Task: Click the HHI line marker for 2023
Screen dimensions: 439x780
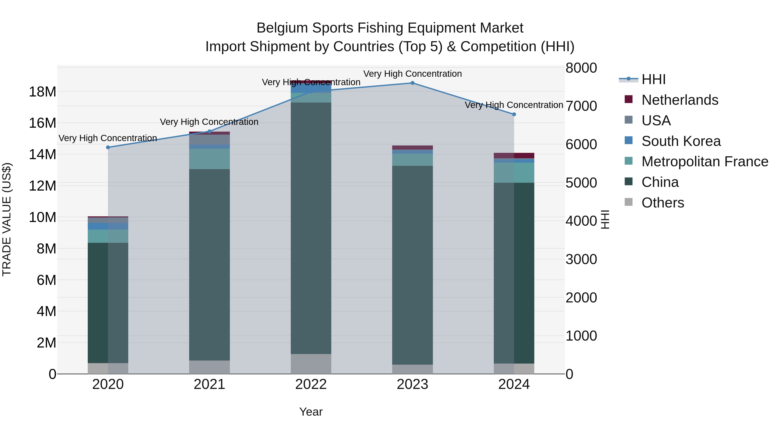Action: click(x=412, y=83)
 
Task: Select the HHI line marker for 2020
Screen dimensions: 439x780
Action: click(x=108, y=147)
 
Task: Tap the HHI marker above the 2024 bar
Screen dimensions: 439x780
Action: click(x=514, y=114)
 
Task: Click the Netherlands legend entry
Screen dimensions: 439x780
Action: click(x=679, y=100)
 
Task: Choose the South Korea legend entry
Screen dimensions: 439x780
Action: click(x=681, y=141)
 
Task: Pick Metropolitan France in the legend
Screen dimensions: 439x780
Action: click(x=705, y=162)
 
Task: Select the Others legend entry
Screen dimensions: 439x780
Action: click(x=663, y=203)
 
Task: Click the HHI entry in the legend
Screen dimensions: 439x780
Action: click(x=653, y=79)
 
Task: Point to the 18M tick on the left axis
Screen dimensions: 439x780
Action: click(x=42, y=91)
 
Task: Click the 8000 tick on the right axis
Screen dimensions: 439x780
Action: click(x=581, y=68)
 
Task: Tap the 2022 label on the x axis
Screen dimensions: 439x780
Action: click(x=311, y=384)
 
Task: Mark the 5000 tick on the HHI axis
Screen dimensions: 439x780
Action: click(x=581, y=183)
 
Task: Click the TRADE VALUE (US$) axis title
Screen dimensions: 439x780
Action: click(x=7, y=219)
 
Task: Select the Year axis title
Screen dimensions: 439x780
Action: click(x=311, y=412)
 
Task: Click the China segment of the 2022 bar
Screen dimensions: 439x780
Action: click(x=311, y=227)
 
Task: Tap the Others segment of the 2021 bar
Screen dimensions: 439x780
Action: click(x=210, y=367)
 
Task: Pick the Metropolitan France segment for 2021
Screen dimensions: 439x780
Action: click(x=210, y=159)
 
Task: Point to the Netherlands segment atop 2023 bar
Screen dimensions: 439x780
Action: click(x=412, y=148)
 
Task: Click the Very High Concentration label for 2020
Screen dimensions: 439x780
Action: click(x=108, y=138)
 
